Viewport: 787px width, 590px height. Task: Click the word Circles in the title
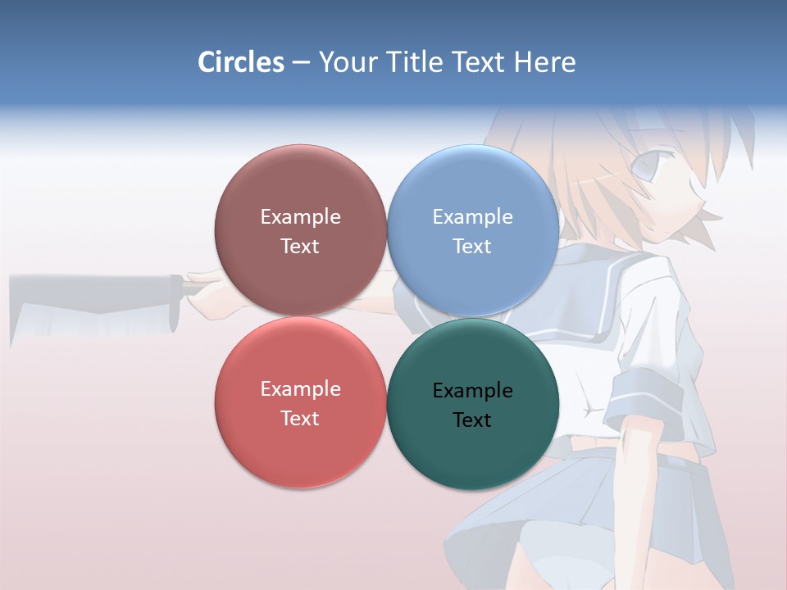[240, 62]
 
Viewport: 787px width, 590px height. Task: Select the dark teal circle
[473, 451]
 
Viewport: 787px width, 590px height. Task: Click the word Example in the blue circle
[473, 217]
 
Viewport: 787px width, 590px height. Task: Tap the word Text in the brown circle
[300, 247]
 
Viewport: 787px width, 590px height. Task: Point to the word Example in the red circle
[300, 389]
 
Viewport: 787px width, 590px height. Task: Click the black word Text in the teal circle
[472, 420]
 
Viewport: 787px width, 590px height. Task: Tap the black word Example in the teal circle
[473, 391]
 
